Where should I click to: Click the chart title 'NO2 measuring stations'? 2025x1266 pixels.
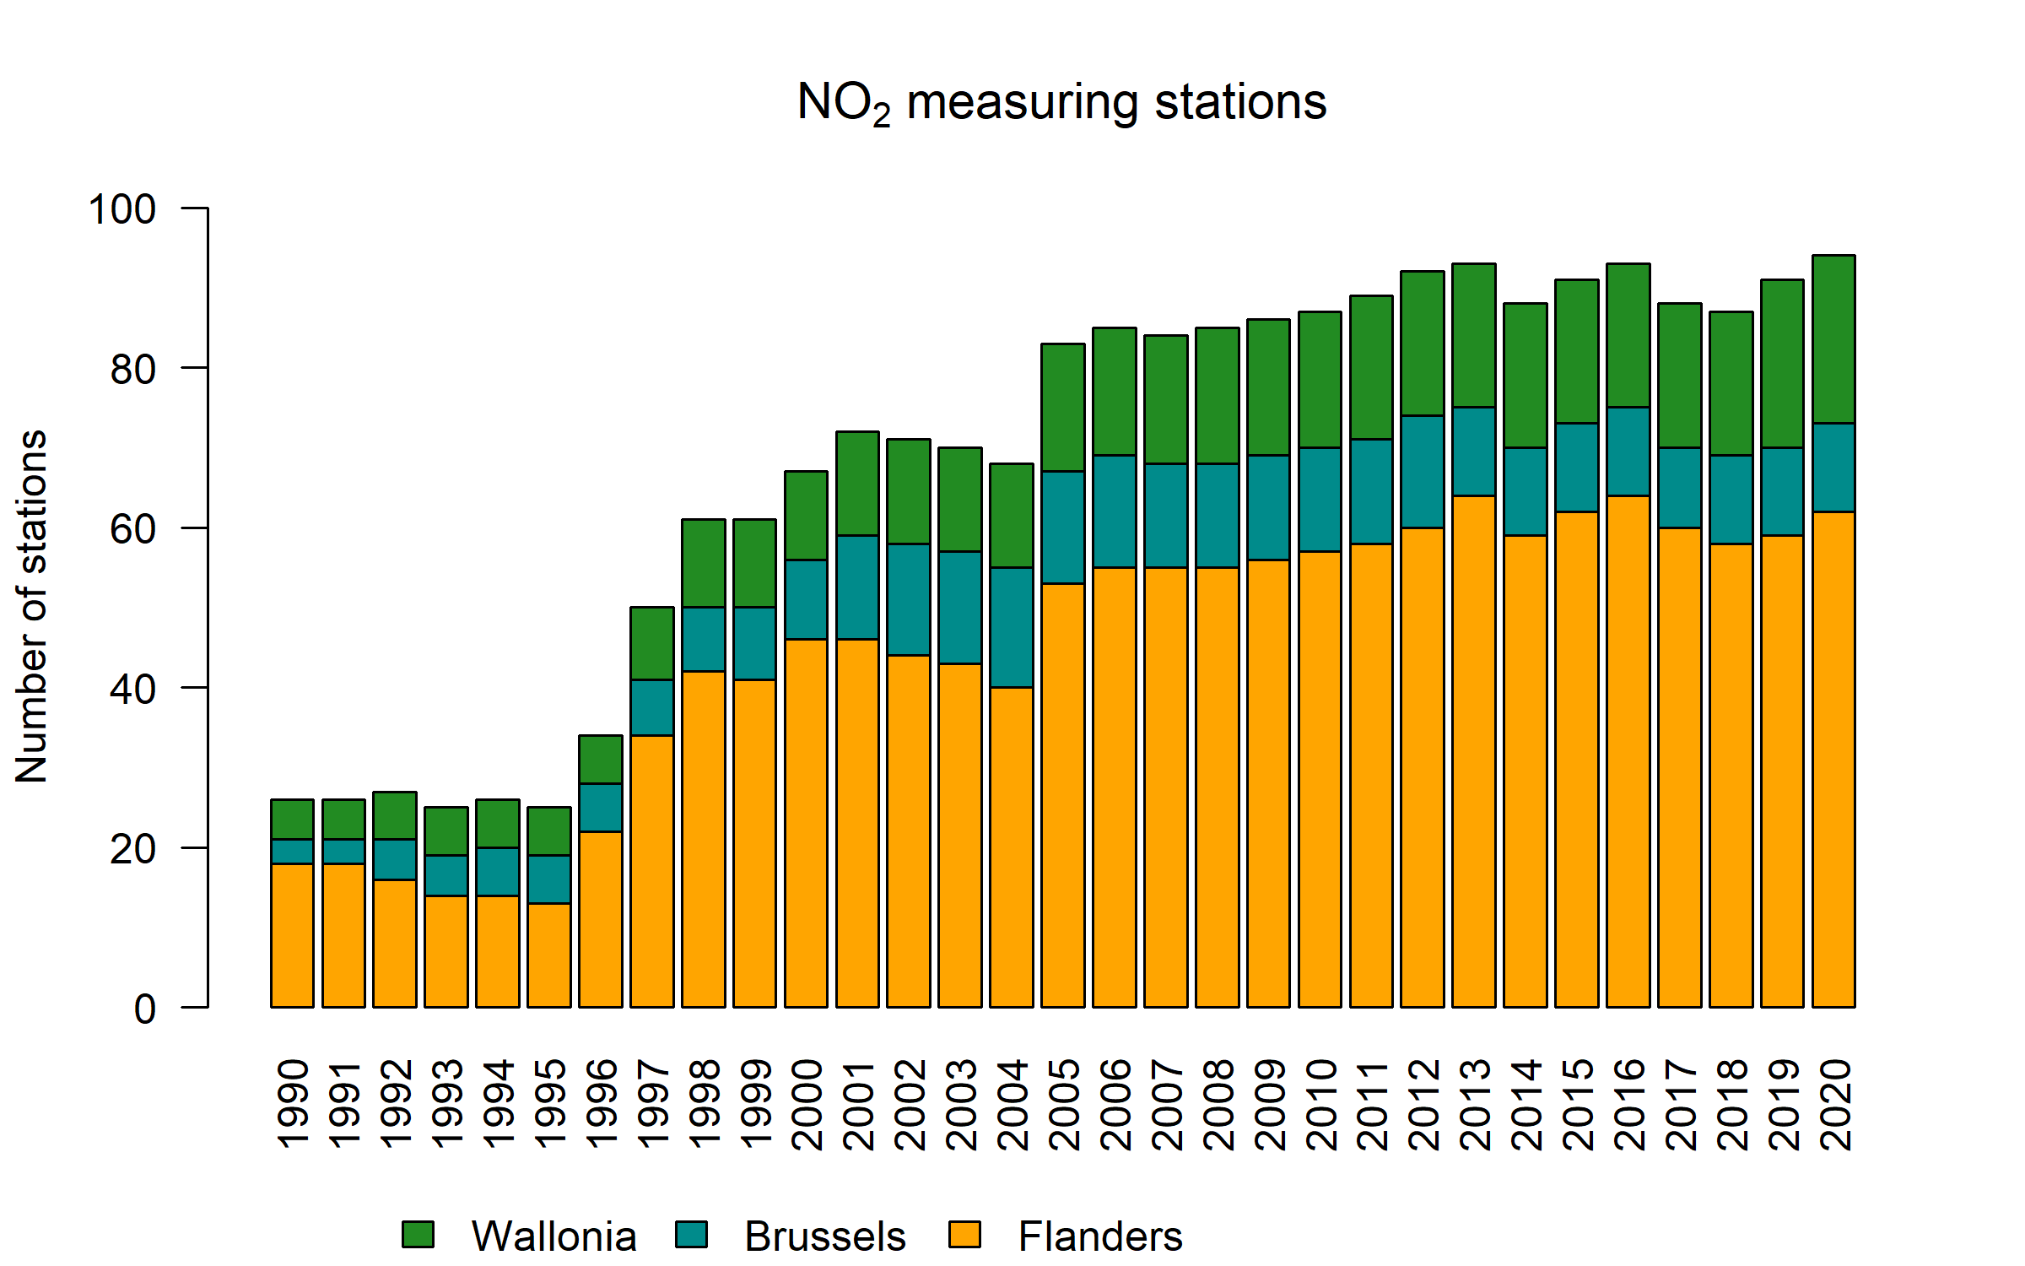(x=1061, y=103)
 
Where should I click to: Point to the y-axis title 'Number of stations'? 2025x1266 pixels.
(x=31, y=607)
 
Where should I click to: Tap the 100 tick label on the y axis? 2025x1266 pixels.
(x=122, y=208)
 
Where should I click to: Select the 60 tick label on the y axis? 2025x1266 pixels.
(x=133, y=529)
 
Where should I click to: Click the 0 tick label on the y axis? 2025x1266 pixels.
(x=145, y=1009)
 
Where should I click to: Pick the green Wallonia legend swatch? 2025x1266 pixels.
(x=418, y=1235)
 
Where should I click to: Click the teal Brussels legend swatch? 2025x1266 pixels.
(x=691, y=1235)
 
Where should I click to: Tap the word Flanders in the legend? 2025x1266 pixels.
(x=1099, y=1236)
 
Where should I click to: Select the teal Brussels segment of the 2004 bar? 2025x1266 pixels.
(x=1012, y=627)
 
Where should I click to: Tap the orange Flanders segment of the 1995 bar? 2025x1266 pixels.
(x=549, y=955)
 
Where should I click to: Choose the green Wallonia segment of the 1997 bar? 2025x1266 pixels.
(x=652, y=643)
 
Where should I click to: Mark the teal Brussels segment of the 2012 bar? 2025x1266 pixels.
(x=1423, y=472)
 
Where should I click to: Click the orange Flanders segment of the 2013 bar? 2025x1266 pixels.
(x=1474, y=751)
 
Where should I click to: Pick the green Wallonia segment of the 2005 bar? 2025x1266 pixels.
(x=1063, y=408)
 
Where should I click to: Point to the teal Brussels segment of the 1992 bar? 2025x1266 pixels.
(x=395, y=859)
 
